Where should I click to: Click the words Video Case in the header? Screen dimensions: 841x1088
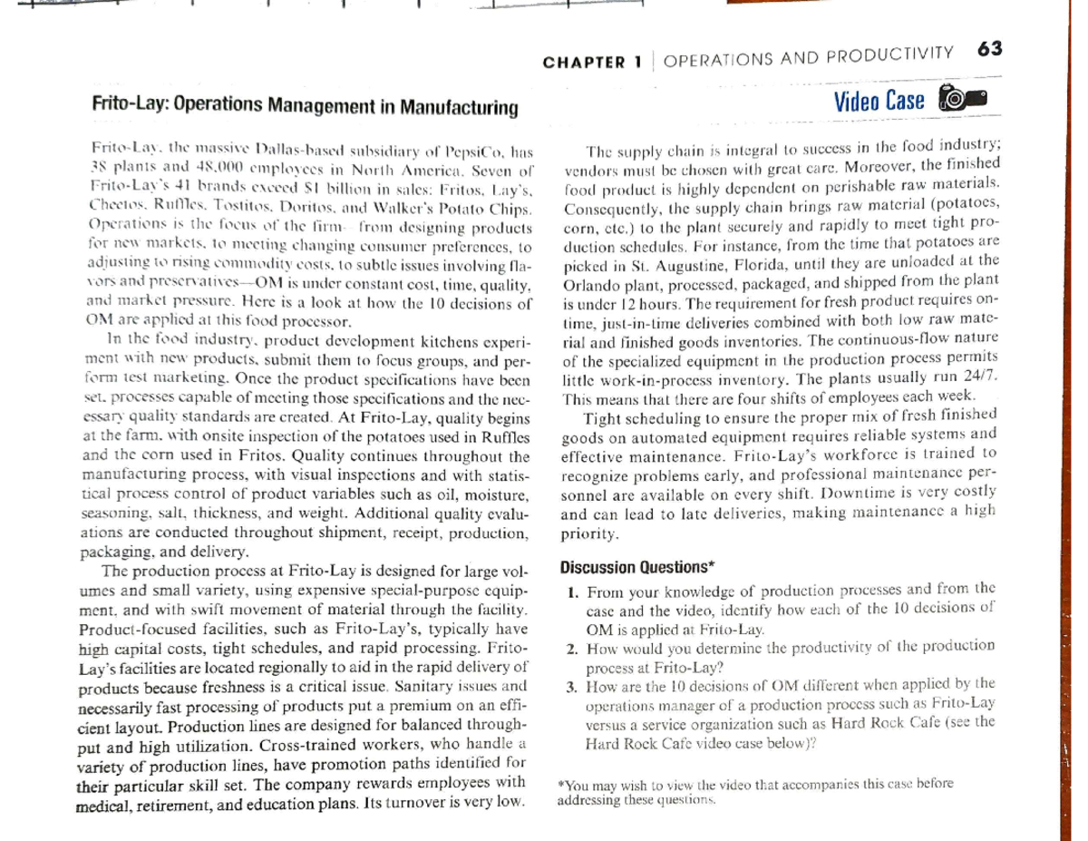tap(879, 100)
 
